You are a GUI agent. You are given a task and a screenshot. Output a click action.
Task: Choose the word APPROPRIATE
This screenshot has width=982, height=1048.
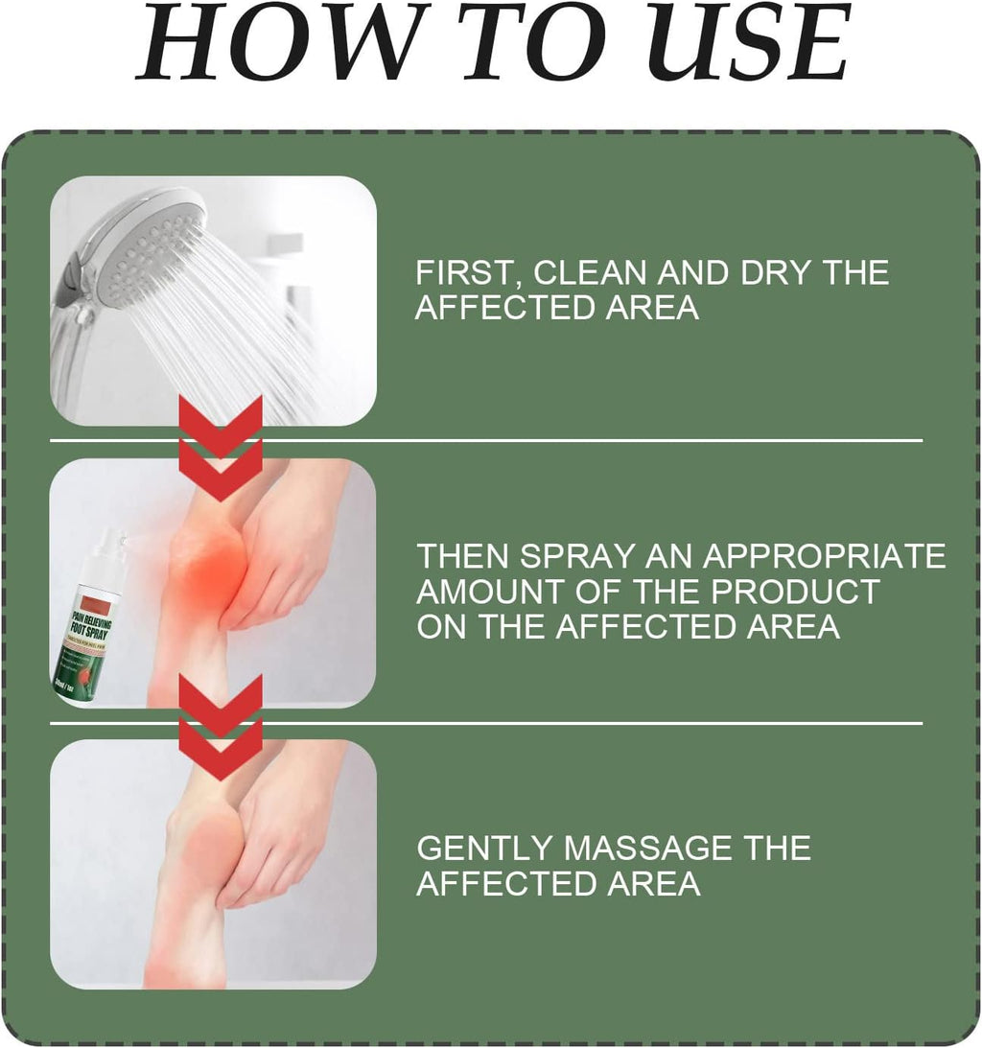pyautogui.click(x=826, y=555)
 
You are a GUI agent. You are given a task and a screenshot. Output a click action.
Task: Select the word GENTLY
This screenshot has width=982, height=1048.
pyautogui.click(x=483, y=848)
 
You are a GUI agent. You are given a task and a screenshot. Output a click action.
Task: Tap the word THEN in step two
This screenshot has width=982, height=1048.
pyautogui.click(x=461, y=555)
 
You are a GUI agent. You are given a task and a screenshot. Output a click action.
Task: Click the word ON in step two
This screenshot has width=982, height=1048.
pyautogui.click(x=440, y=626)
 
